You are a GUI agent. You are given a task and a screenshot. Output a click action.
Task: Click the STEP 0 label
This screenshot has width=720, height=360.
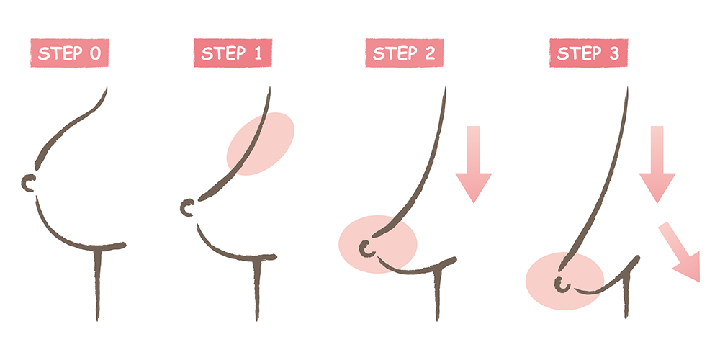click(x=69, y=53)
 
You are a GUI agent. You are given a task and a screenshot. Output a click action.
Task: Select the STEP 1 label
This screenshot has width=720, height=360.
click(x=233, y=53)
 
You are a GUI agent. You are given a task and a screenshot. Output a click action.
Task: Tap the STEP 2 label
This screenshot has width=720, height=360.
click(x=405, y=53)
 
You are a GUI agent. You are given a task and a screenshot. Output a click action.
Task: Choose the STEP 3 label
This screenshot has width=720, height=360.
click(x=589, y=53)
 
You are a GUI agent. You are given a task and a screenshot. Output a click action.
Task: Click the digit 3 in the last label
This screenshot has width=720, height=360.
click(x=615, y=54)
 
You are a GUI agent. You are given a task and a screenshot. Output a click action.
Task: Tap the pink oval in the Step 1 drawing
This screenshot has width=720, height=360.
click(x=261, y=144)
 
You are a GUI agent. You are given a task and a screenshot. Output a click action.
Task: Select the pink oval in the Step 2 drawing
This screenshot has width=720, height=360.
click(x=378, y=244)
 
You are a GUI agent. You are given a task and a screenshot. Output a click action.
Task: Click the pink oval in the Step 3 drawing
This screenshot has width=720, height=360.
click(x=564, y=281)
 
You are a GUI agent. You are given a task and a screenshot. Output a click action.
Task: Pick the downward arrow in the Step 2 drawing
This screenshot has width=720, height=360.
click(x=474, y=164)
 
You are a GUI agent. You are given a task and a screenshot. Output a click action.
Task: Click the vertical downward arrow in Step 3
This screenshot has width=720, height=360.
click(x=657, y=164)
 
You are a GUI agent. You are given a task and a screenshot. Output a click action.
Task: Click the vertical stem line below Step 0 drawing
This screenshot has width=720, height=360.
click(x=97, y=284)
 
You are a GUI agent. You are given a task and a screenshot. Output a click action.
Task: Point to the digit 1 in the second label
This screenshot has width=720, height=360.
click(x=257, y=54)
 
